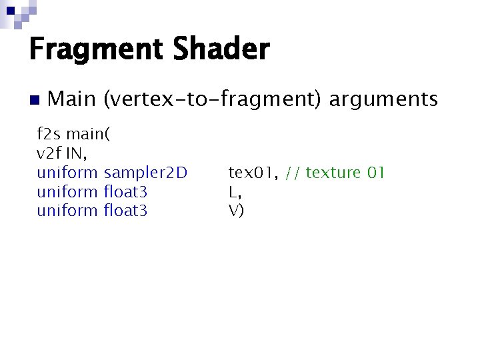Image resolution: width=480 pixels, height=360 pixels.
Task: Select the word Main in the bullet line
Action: click(72, 100)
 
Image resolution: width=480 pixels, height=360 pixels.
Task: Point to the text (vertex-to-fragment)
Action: click(213, 100)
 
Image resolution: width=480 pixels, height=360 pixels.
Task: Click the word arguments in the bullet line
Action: click(383, 100)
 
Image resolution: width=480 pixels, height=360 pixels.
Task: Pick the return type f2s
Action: click(48, 135)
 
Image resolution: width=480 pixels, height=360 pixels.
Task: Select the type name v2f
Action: click(48, 154)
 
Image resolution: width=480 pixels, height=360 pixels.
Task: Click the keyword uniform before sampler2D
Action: click(67, 173)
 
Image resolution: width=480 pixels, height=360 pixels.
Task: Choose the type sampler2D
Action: click(146, 173)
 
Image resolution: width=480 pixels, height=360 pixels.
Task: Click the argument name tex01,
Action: click(253, 173)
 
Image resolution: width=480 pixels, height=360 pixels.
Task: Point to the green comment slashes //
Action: click(292, 173)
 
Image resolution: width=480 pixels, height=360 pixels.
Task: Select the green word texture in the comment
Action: click(333, 173)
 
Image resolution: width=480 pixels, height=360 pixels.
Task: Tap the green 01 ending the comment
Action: click(376, 173)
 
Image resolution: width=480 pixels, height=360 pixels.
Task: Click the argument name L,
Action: click(235, 193)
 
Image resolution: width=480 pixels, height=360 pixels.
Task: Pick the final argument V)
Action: click(236, 211)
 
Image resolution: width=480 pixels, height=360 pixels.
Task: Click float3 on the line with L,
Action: click(126, 193)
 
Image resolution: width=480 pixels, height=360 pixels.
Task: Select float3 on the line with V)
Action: click(126, 211)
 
